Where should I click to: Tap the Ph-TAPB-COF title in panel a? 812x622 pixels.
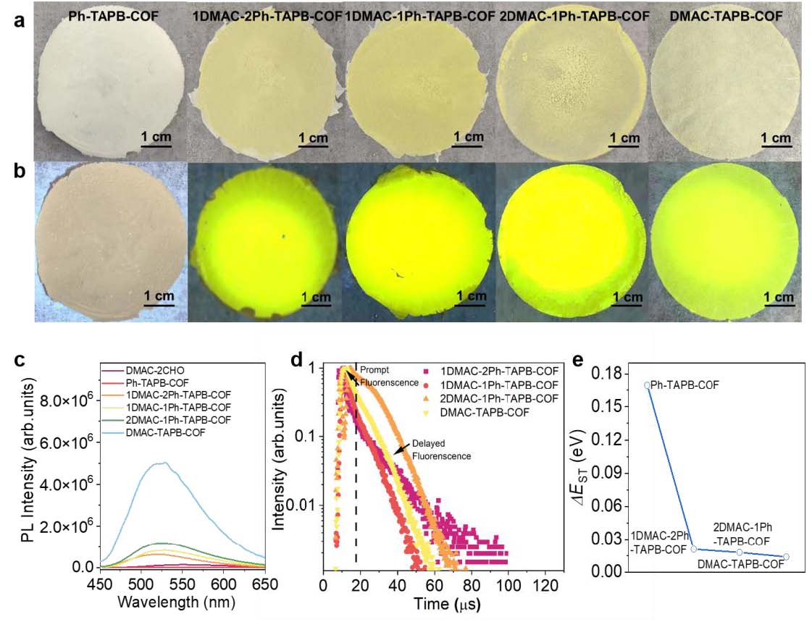pyautogui.click(x=114, y=16)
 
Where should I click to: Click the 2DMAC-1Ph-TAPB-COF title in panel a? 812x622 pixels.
pyautogui.click(x=574, y=16)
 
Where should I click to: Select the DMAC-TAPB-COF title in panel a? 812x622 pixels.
pyautogui.click(x=726, y=16)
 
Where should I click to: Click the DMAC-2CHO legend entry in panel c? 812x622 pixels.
pyautogui.click(x=155, y=371)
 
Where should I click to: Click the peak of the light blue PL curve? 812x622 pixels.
pyautogui.click(x=164, y=463)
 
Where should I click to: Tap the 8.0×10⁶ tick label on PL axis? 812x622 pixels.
pyautogui.click(x=65, y=400)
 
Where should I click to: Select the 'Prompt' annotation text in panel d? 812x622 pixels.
pyautogui.click(x=374, y=370)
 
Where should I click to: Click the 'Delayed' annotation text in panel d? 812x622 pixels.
pyautogui.click(x=428, y=443)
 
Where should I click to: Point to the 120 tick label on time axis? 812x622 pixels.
pyautogui.click(x=545, y=585)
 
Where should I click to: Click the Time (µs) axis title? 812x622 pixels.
pyautogui.click(x=446, y=604)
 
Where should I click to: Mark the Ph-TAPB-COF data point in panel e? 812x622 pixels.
pyautogui.click(x=648, y=385)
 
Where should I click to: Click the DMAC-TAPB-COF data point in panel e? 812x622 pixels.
pyautogui.click(x=786, y=557)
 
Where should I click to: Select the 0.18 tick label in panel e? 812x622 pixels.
pyautogui.click(x=605, y=374)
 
